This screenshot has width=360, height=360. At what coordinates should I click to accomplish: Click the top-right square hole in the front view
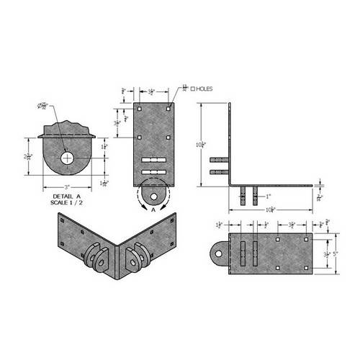pos(168,110)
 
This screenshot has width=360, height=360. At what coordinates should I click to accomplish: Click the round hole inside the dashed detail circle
pos(152,193)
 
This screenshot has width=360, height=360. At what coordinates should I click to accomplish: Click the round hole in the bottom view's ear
pos(216,253)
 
